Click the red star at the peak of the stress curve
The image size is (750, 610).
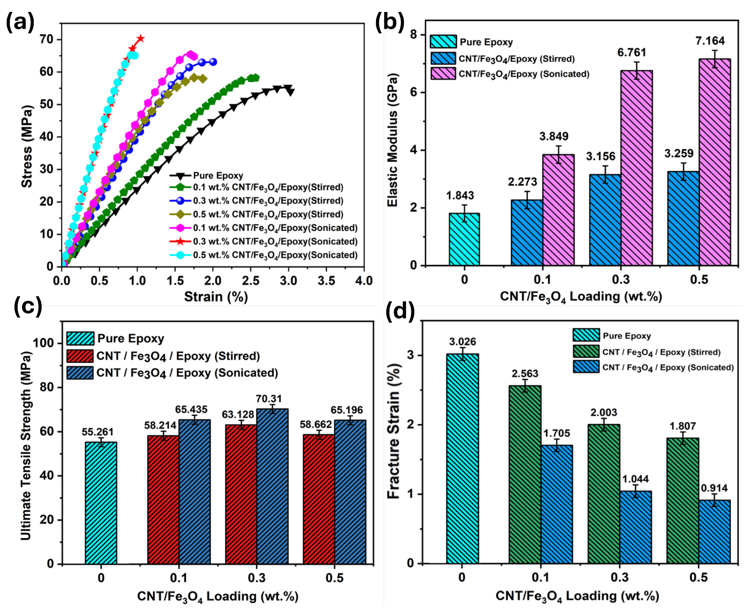[141, 38]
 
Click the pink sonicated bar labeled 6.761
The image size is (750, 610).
[636, 169]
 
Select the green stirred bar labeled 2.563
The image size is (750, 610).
[525, 474]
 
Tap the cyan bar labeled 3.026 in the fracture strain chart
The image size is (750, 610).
[462, 459]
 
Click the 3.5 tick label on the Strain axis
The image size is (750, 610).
[326, 281]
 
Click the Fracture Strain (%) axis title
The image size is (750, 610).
[393, 431]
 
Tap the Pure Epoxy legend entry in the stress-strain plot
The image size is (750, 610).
[218, 175]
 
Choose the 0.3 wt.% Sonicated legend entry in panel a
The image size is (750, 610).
[275, 242]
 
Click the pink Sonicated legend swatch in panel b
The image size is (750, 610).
[443, 74]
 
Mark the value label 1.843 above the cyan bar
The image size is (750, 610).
[460, 196]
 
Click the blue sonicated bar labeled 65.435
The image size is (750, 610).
[195, 492]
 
